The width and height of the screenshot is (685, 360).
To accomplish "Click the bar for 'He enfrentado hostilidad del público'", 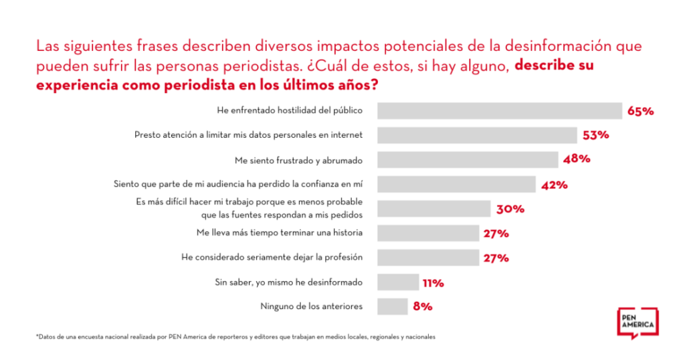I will (499, 110).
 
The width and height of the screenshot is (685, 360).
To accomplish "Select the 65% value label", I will (640, 111).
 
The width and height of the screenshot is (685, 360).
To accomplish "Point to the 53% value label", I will (595, 135).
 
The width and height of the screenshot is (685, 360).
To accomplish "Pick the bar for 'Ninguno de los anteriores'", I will (392, 306).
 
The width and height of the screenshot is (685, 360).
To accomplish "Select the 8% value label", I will (423, 306).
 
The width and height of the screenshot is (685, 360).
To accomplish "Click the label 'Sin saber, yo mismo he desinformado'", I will (288, 282).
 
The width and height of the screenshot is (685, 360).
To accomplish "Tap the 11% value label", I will (433, 282).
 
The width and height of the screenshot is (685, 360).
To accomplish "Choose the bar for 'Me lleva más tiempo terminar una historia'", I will (429, 233).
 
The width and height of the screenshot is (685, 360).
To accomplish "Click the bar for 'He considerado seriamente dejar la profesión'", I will (429, 258).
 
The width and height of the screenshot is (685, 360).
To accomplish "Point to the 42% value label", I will (554, 185).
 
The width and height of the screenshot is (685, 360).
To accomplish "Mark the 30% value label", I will (510, 209).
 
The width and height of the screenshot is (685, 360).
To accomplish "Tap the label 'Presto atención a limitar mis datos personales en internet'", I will (248, 134).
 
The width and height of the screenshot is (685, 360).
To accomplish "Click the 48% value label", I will (576, 159).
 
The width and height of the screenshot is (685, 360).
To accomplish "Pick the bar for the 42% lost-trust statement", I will (456, 184).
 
